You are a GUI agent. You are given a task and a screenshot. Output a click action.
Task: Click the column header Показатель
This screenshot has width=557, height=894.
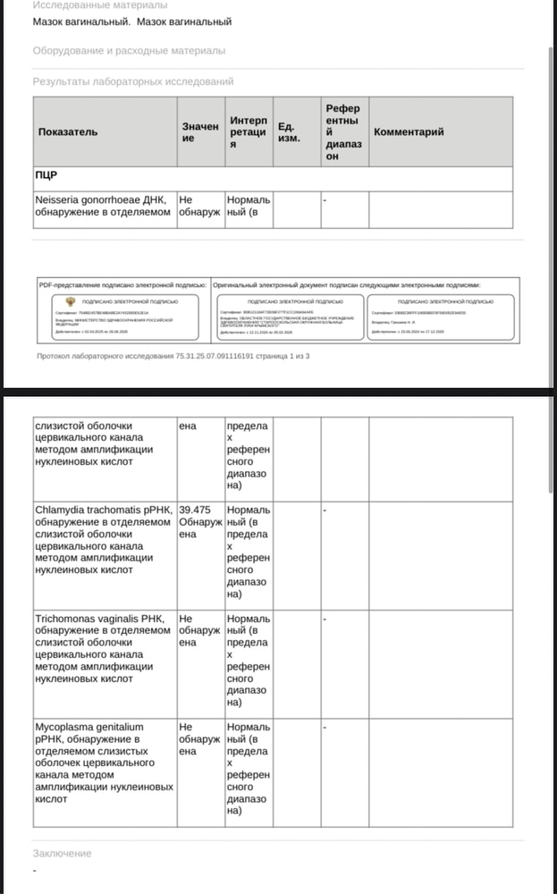tap(68, 132)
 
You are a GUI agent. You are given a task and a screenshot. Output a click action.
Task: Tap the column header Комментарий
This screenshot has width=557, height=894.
tap(409, 132)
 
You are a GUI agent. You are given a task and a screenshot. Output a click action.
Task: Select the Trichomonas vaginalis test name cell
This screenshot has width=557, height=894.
tap(102, 647)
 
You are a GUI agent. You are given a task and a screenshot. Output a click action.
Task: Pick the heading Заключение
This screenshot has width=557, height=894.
tap(62, 853)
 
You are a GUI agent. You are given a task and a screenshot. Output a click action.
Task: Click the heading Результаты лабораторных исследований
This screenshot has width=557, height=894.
tap(133, 81)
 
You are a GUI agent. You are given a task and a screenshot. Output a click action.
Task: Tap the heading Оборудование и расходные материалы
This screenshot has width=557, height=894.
tap(129, 51)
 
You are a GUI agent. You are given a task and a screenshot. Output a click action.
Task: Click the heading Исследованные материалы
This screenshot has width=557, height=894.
tap(99, 5)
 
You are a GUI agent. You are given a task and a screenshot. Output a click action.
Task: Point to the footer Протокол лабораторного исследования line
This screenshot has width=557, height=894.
tap(173, 356)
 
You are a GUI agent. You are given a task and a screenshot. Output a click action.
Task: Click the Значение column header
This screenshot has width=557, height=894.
tap(199, 132)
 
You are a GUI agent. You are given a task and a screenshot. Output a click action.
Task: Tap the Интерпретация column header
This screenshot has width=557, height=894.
tap(248, 132)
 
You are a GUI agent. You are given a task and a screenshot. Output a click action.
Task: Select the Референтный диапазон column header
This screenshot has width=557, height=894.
tap(342, 132)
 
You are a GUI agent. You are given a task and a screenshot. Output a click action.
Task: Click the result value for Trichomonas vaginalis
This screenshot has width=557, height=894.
tap(198, 630)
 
